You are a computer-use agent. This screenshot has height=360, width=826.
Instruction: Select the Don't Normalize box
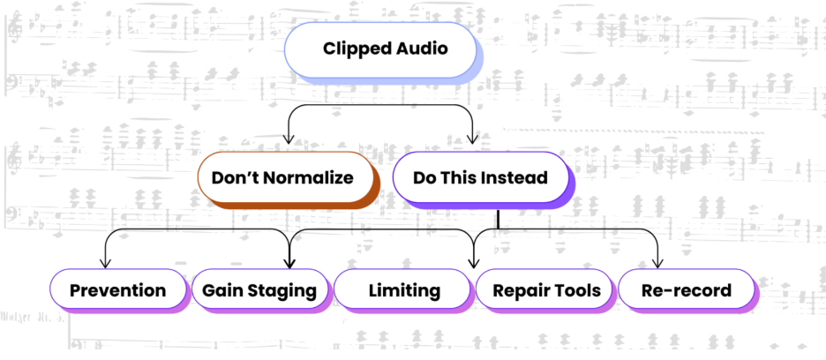click(x=282, y=177)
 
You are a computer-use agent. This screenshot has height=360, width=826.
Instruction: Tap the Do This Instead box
click(x=481, y=177)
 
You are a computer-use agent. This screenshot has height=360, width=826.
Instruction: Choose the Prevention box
click(x=117, y=289)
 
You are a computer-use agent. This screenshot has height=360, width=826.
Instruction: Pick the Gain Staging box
click(x=259, y=289)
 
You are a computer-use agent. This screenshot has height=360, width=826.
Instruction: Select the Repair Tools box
click(x=545, y=289)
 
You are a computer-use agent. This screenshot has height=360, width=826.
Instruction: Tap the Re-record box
click(x=687, y=289)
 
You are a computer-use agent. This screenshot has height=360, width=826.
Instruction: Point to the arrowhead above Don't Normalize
click(x=287, y=139)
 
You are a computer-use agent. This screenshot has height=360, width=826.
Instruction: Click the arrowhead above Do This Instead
click(x=474, y=139)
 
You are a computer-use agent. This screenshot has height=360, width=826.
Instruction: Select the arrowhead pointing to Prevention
click(x=105, y=262)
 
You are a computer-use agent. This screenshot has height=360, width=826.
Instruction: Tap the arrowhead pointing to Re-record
click(x=657, y=262)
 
